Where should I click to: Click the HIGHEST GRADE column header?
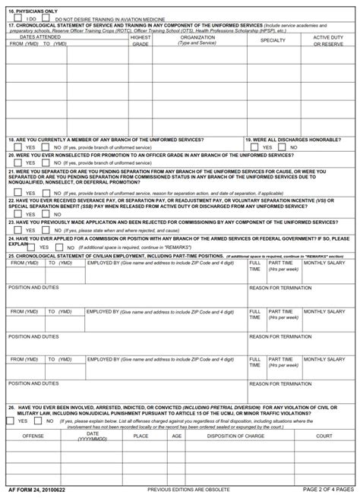coord(141,40)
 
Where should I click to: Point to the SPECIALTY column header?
coord(273,39)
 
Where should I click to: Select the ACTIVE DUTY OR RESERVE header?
coord(332,40)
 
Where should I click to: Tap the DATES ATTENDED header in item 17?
coord(39,36)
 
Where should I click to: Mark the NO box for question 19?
coord(284,147)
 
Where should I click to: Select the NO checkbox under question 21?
coord(46,192)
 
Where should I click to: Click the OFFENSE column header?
coord(33,437)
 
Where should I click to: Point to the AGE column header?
coord(177,437)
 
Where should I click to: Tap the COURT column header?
coord(324,437)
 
